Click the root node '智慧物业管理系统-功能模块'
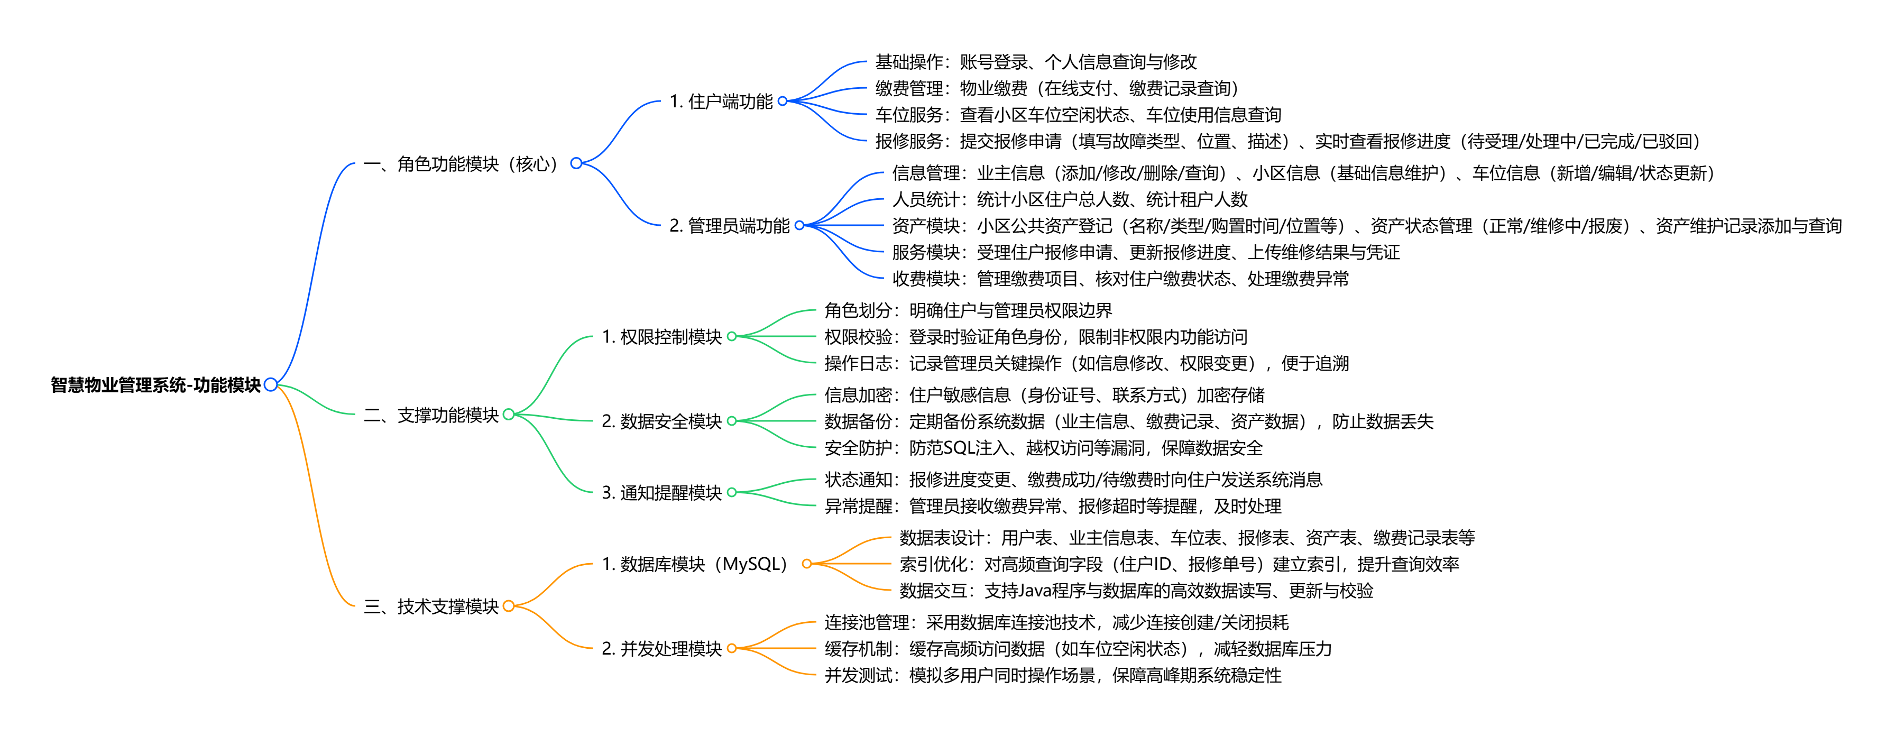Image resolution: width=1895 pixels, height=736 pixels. coord(155,385)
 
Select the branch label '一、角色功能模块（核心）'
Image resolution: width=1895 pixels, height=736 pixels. coord(464,163)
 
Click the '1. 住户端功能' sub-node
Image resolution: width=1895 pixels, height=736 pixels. coord(721,102)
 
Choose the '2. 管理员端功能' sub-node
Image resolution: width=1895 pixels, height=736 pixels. coord(729,226)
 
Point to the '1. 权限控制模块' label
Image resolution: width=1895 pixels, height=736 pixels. coord(661,337)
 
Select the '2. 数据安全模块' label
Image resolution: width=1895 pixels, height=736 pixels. coord(661,421)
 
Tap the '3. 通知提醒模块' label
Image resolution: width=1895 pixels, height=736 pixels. coord(661,492)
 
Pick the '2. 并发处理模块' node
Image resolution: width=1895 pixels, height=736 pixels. coord(661,648)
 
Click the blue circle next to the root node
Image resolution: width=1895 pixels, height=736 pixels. coord(271,384)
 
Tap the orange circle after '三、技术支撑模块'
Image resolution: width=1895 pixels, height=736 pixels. coord(508,606)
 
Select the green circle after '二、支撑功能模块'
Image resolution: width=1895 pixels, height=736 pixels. coord(508,415)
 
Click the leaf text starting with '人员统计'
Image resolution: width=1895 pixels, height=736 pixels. coord(1070,199)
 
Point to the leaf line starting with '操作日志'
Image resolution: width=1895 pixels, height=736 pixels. coord(1087,364)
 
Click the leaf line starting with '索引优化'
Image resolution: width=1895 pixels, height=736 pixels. coord(1179,565)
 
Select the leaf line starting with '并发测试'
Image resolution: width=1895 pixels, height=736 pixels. coord(1053,675)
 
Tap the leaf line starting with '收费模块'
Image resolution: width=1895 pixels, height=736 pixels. coord(1120,279)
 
